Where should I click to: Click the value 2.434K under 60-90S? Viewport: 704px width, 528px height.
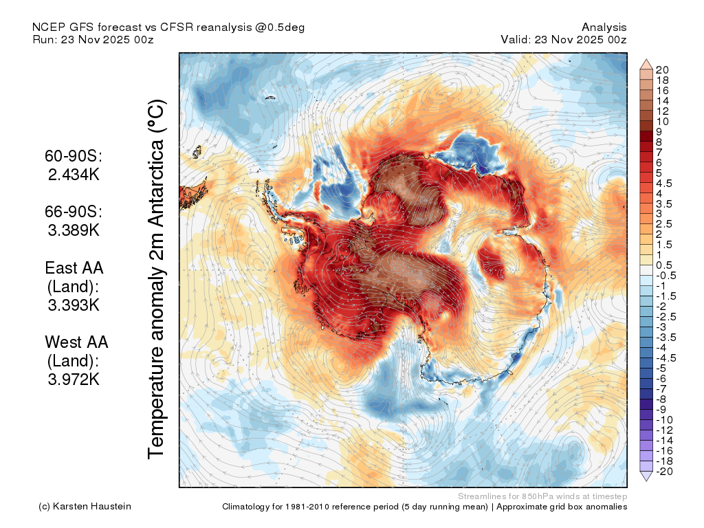(x=74, y=174)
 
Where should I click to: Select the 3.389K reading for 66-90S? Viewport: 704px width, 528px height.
(x=74, y=230)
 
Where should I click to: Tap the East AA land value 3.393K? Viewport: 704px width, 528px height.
(x=74, y=305)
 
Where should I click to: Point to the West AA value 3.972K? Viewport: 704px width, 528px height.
(x=74, y=379)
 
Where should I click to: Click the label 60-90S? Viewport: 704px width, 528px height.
(x=74, y=156)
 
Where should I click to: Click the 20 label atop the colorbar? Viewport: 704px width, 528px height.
(x=662, y=69)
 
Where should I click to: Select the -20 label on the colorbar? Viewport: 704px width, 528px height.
(x=664, y=472)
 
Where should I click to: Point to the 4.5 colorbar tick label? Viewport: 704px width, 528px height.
(x=664, y=183)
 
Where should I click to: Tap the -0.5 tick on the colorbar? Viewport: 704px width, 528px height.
(x=665, y=276)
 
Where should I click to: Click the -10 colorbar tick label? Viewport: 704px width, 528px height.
(x=664, y=420)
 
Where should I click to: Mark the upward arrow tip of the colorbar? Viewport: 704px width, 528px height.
(x=646, y=59)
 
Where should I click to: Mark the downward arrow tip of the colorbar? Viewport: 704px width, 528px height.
(x=646, y=481)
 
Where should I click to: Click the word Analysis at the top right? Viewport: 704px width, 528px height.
(x=604, y=27)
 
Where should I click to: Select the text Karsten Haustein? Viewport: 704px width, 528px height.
(x=92, y=506)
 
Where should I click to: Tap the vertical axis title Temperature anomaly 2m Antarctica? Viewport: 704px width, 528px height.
(x=157, y=278)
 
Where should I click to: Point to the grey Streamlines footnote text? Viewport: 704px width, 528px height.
(x=542, y=496)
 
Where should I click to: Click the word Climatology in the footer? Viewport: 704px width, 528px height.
(x=246, y=507)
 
